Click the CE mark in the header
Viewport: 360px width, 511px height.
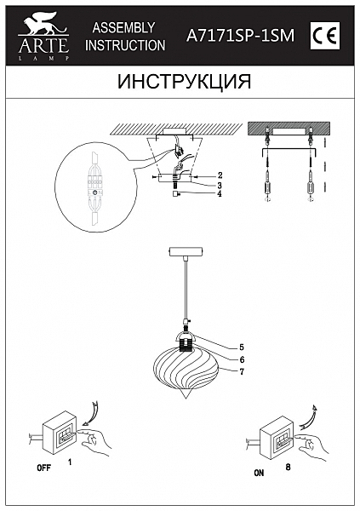pos(325,36)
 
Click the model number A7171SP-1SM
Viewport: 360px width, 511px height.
pos(241,35)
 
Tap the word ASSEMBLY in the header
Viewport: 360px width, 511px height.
pos(123,28)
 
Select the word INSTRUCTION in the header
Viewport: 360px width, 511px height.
pos(125,45)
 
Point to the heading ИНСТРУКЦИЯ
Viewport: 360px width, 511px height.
pos(185,82)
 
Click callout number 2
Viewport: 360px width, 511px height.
pos(220,175)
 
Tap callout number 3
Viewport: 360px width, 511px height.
pos(220,186)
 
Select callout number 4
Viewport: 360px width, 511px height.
pos(220,194)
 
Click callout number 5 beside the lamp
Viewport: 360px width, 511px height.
pos(242,347)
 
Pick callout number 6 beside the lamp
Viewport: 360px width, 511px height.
pos(242,359)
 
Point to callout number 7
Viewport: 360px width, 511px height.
pos(242,371)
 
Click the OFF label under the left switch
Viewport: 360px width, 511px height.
pos(43,468)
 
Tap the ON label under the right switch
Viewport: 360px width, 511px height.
pos(259,473)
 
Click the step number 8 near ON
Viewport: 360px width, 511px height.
pos(288,467)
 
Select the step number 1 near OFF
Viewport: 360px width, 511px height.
pos(70,462)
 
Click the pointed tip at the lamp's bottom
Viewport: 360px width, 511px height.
pos(186,398)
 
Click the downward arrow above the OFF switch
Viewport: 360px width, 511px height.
pos(91,414)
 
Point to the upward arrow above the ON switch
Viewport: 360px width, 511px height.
pos(309,417)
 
